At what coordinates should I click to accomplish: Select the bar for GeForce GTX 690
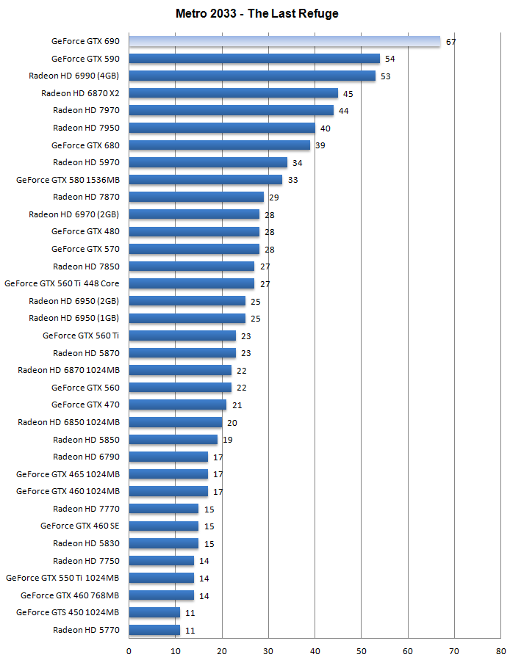[284, 41]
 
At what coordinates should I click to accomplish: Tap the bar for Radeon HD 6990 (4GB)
[252, 76]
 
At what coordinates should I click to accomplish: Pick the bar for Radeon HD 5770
[154, 630]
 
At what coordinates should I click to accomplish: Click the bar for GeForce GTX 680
[219, 145]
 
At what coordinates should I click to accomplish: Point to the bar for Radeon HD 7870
[196, 197]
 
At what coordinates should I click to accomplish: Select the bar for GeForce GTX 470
[177, 405]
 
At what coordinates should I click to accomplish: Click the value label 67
[450, 42]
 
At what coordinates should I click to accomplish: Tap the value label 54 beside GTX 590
[390, 59]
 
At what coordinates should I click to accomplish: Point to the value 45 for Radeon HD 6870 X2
[348, 93]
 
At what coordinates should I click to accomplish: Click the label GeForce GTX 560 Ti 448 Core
[62, 283]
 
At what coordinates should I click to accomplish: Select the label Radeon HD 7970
[86, 110]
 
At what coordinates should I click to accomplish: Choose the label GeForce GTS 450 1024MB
[68, 612]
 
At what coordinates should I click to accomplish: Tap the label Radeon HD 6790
[86, 457]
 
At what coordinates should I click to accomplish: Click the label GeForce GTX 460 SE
[79, 526]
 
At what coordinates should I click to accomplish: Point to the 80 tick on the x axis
[500, 650]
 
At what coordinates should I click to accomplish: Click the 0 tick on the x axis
[129, 650]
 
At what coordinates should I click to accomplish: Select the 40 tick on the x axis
[315, 650]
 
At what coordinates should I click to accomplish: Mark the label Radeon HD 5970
[86, 162]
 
